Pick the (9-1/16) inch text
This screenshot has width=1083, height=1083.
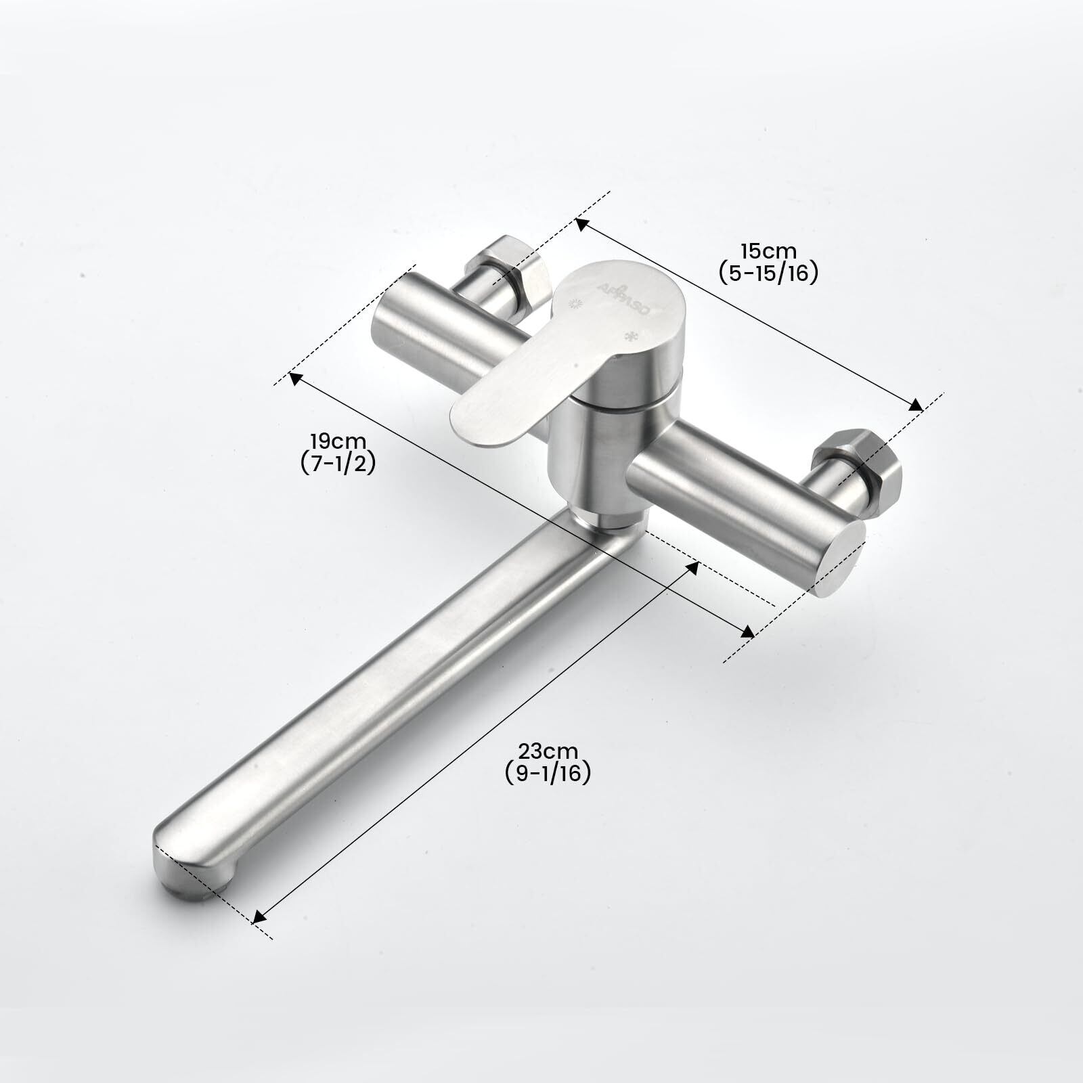click(x=548, y=772)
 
